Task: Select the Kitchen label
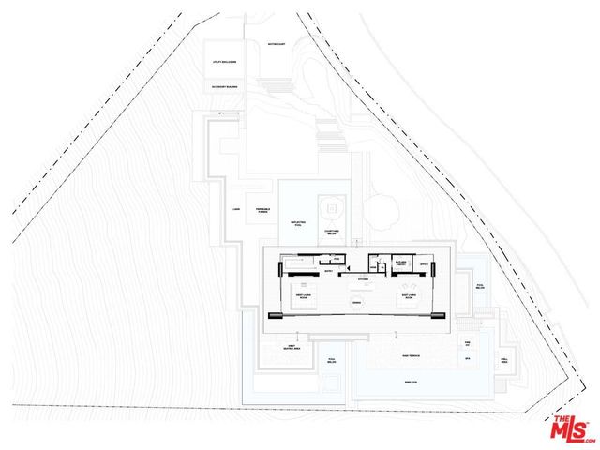coord(362,278)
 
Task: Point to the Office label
coord(424,262)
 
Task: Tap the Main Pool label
coord(410,382)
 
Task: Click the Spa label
coord(466,358)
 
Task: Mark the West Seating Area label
coord(292,348)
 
